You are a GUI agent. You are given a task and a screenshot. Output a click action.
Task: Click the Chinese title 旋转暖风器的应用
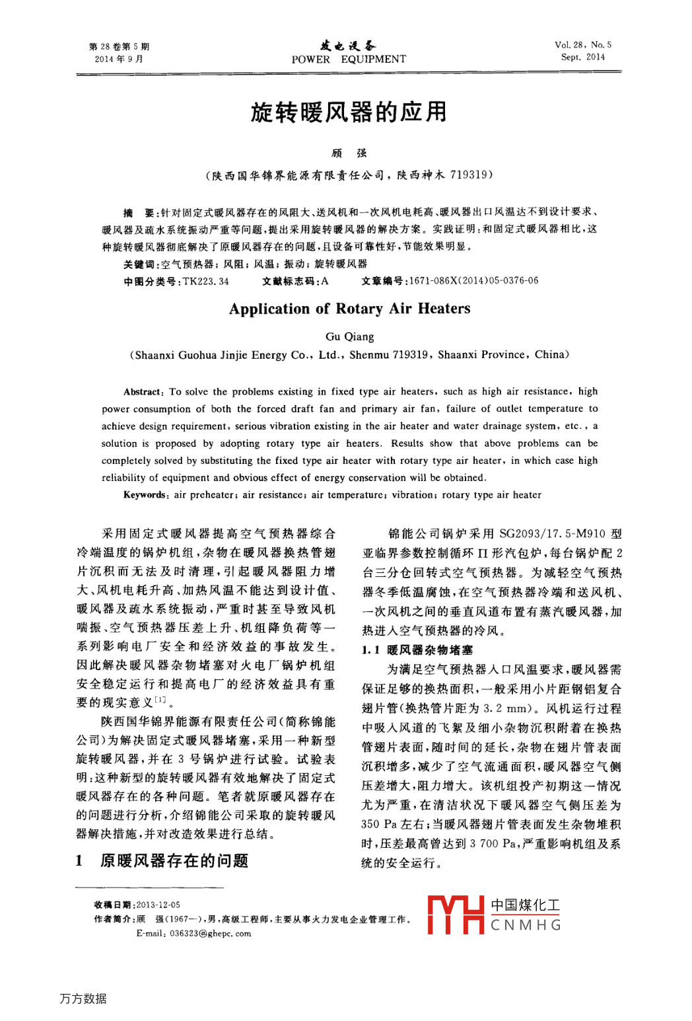[349, 112]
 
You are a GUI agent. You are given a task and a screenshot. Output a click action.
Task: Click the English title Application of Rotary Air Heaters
[349, 309]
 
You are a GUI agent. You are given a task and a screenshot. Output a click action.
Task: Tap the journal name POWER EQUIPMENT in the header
[349, 59]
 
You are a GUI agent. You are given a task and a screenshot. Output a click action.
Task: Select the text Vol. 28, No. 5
[583, 45]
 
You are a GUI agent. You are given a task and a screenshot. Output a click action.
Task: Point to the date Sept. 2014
[583, 57]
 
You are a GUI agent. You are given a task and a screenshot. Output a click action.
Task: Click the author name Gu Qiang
[349, 336]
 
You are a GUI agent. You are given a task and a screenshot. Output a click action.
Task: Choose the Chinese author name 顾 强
[349, 153]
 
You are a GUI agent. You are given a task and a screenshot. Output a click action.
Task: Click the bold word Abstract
[142, 392]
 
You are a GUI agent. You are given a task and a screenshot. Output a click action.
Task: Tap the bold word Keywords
[145, 495]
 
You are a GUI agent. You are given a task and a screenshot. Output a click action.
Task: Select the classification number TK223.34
[206, 282]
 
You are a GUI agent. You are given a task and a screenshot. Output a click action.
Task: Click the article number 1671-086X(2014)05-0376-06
[473, 281]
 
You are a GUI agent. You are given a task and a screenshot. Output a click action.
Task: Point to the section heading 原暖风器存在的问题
[174, 860]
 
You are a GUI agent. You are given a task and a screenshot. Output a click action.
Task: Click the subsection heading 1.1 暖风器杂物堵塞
[417, 650]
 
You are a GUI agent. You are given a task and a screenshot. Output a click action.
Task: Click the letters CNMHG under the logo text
[526, 925]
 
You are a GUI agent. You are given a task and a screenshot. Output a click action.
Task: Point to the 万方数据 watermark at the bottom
[83, 999]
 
